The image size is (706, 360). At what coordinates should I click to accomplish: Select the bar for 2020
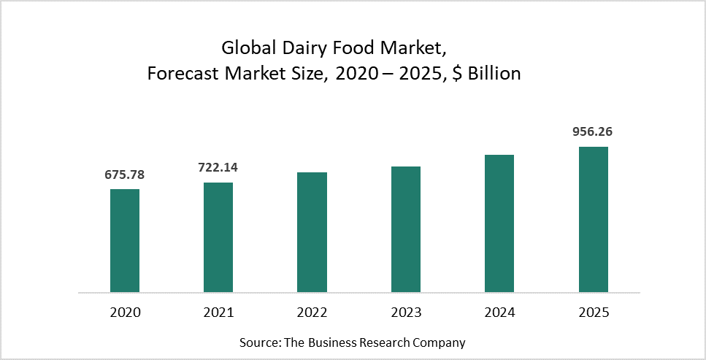125,241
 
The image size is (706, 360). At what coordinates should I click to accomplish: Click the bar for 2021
218,237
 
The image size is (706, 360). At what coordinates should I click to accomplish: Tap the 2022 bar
312,232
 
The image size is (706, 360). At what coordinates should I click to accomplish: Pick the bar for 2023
406,229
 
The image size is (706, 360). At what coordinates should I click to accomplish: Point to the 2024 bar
499,223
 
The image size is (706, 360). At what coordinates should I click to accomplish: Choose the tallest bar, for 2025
593,219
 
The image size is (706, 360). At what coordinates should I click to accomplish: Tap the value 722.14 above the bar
218,167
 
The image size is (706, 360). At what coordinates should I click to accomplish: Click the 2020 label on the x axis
125,313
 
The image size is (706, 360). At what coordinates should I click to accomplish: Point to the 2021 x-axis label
218,313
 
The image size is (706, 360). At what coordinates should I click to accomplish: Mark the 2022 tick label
312,313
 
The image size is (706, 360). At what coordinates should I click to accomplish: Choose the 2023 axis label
406,313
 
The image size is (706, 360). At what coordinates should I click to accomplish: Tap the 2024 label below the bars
499,313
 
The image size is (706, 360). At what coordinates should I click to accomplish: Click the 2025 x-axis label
593,313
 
